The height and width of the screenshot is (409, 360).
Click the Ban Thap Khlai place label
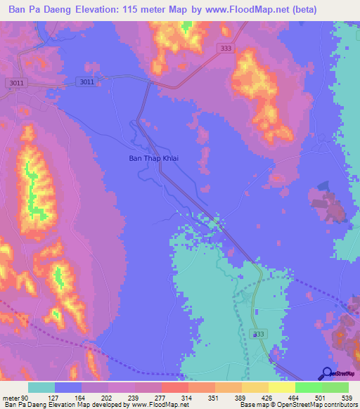pyautogui.click(x=153, y=158)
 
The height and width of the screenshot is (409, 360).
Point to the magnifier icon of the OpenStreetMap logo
pyautogui.click(x=327, y=373)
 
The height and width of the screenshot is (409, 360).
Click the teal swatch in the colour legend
pyautogui.click(x=41, y=387)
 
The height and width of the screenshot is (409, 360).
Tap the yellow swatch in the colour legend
pyautogui.click(x=281, y=387)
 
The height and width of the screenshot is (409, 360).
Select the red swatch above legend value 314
pyautogui.click(x=174, y=387)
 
